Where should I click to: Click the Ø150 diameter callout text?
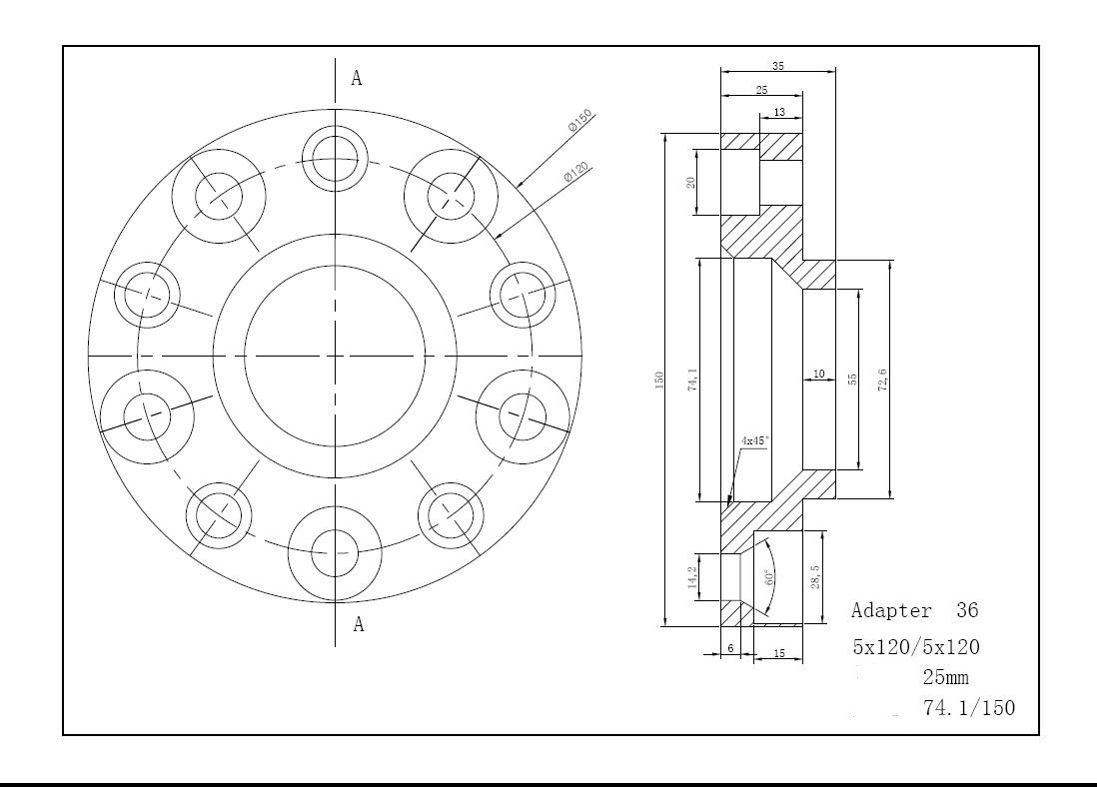pyautogui.click(x=580, y=120)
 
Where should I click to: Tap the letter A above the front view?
pyautogui.click(x=357, y=78)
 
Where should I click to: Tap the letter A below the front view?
pyautogui.click(x=359, y=623)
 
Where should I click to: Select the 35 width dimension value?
pyautogui.click(x=778, y=66)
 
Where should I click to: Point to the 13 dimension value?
pyautogui.click(x=779, y=112)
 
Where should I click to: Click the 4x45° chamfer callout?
pyautogui.click(x=755, y=440)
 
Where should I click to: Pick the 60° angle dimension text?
pyautogui.click(x=768, y=578)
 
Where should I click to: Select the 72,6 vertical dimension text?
pyautogui.click(x=883, y=380)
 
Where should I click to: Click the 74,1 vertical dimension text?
pyautogui.click(x=692, y=380)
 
